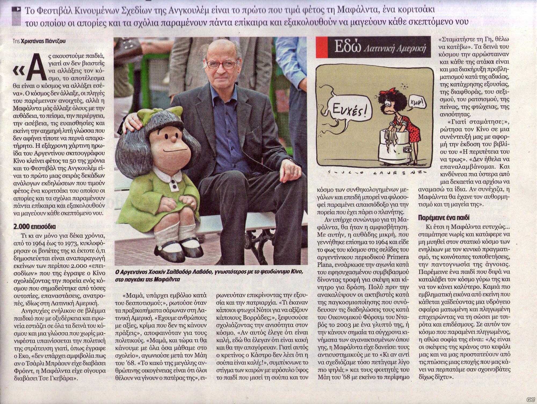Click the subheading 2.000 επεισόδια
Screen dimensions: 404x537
pyautogui.click(x=35, y=227)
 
